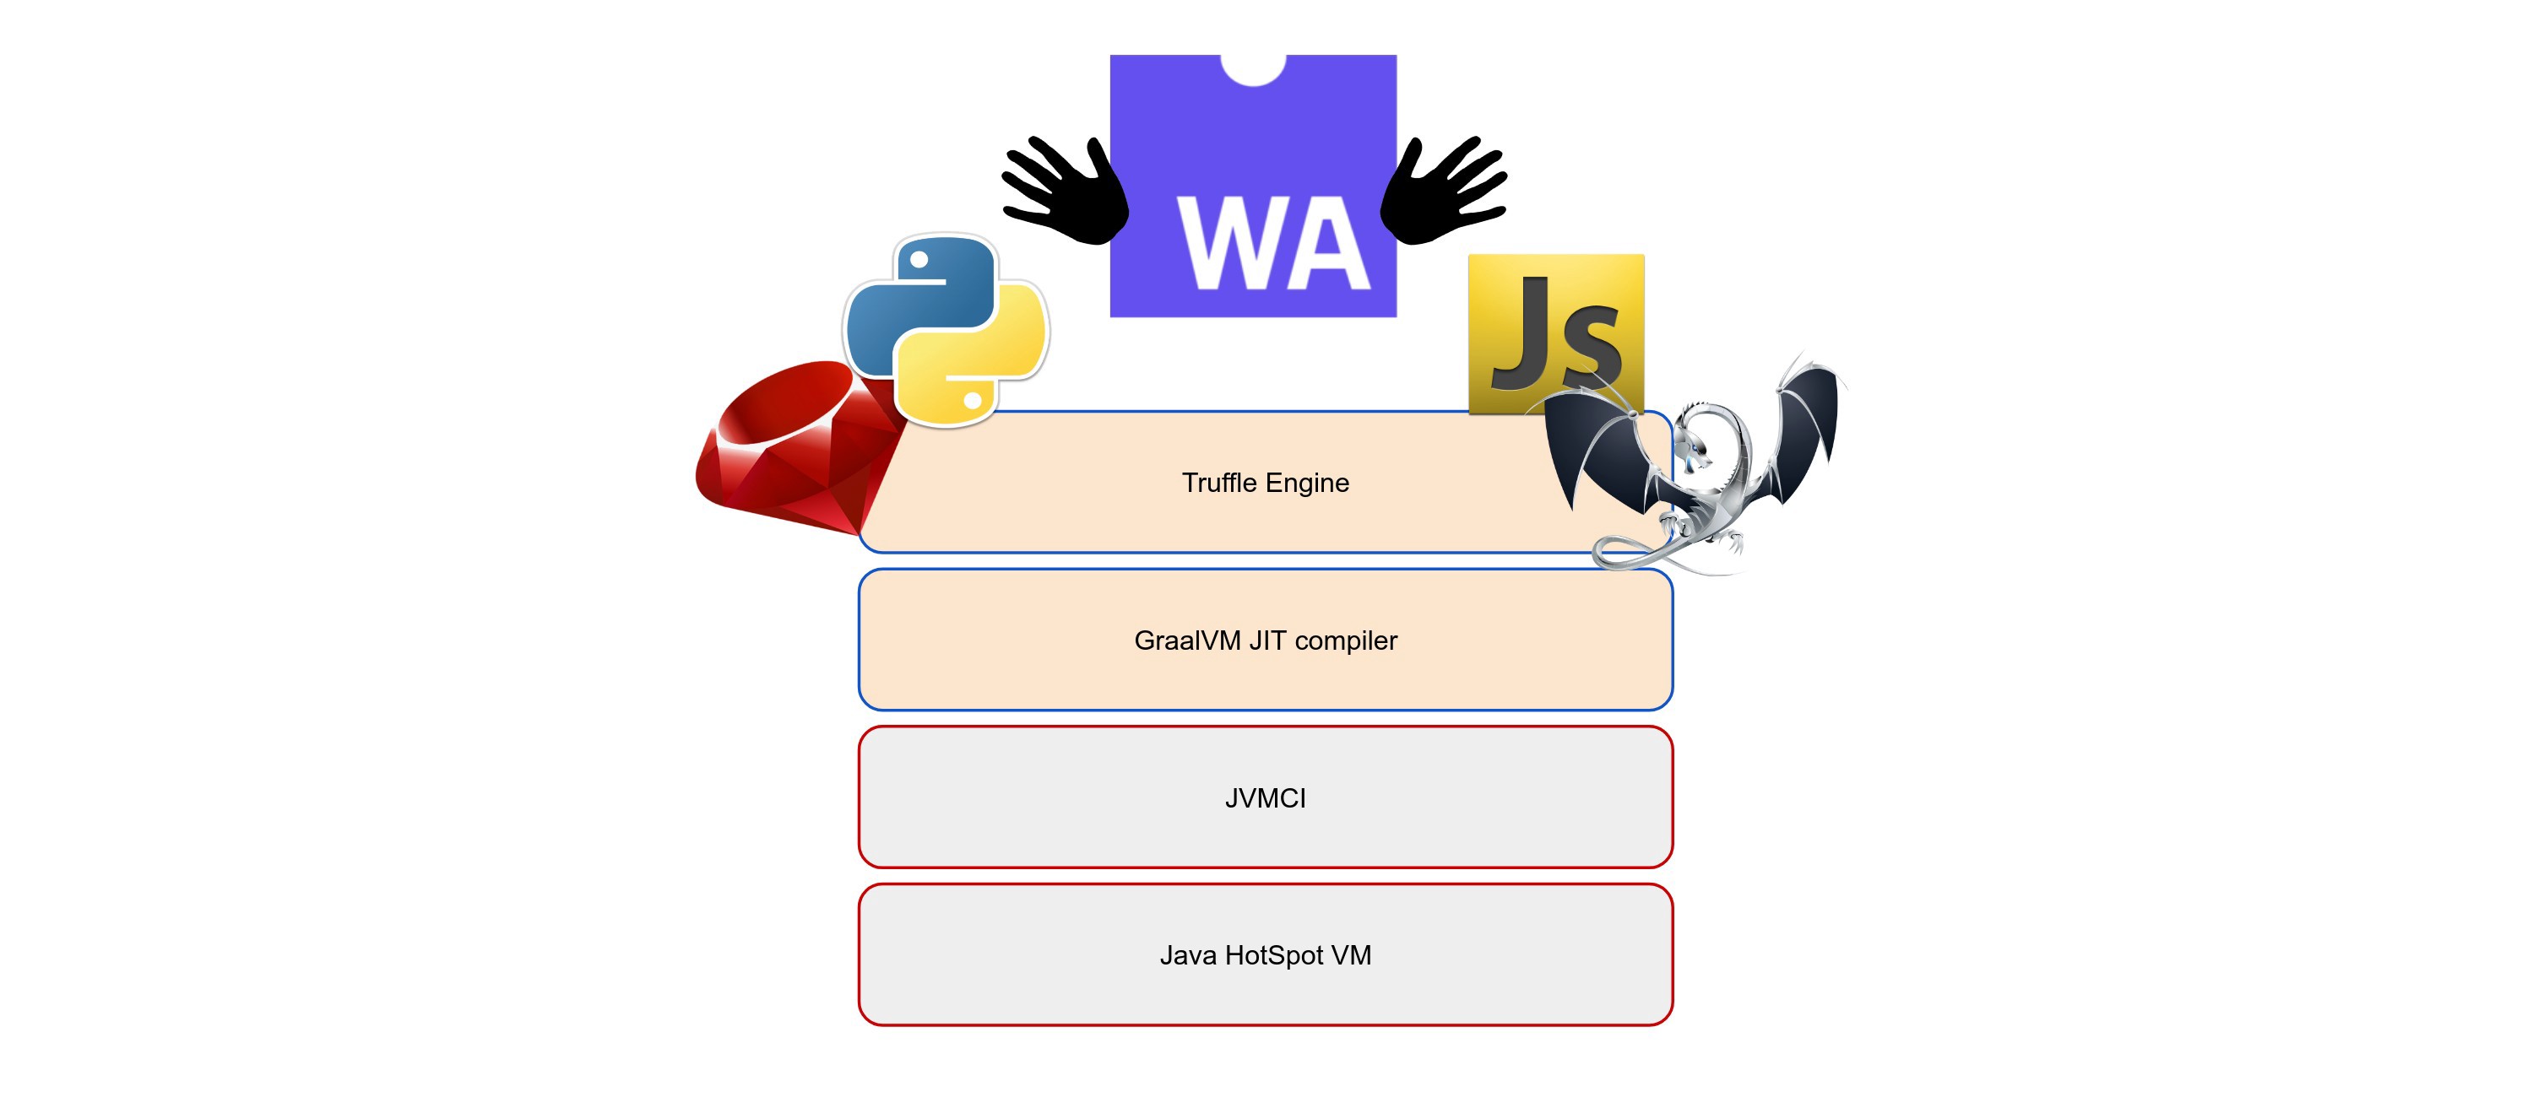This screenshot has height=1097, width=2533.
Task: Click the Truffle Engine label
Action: (1265, 483)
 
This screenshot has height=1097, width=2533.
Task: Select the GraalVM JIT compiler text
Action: (1265, 640)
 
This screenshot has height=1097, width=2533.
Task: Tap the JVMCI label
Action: (1265, 797)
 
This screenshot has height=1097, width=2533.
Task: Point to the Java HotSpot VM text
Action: (1265, 954)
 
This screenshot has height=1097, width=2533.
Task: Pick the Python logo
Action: (946, 330)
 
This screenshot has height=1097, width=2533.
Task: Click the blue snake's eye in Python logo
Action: (919, 261)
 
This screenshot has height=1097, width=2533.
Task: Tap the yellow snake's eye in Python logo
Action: (973, 400)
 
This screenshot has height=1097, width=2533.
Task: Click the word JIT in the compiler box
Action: (1267, 640)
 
